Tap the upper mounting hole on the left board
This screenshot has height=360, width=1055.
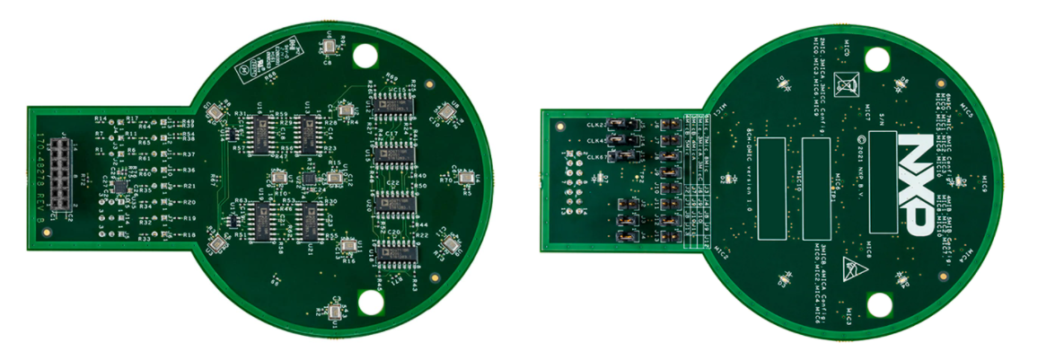365,55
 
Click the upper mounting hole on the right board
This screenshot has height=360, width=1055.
877,57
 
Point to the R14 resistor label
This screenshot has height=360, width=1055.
101,119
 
